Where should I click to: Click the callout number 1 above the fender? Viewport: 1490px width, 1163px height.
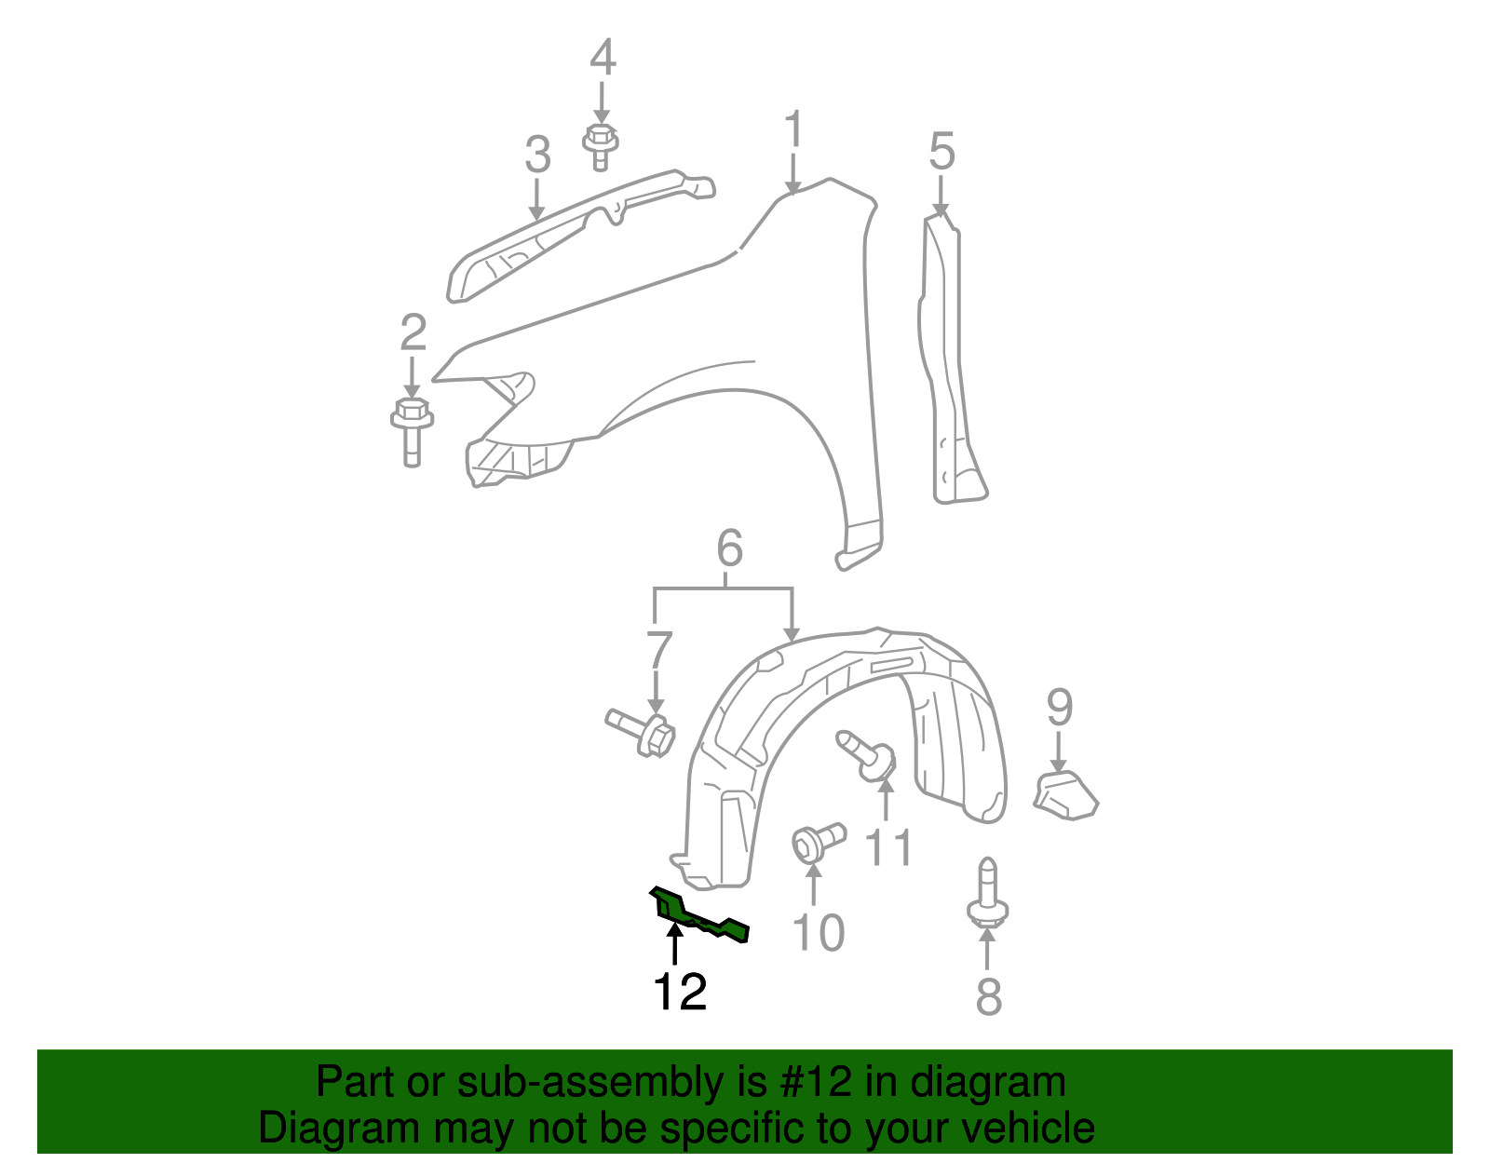coord(792,129)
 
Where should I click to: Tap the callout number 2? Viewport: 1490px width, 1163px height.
coord(413,333)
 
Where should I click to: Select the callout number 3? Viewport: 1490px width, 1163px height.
coord(537,155)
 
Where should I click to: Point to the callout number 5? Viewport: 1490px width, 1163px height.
coord(941,151)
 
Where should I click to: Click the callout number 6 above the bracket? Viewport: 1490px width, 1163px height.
coord(729,548)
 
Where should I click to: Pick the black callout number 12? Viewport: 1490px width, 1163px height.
coord(681,993)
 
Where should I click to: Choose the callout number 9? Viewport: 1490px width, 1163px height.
coord(1060,708)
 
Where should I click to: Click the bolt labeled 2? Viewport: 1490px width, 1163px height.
coord(411,431)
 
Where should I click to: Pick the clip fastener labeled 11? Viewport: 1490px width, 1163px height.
coord(868,756)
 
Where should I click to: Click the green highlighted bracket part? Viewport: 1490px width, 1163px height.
coord(698,916)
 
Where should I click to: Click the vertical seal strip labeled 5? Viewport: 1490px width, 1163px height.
coord(948,363)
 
